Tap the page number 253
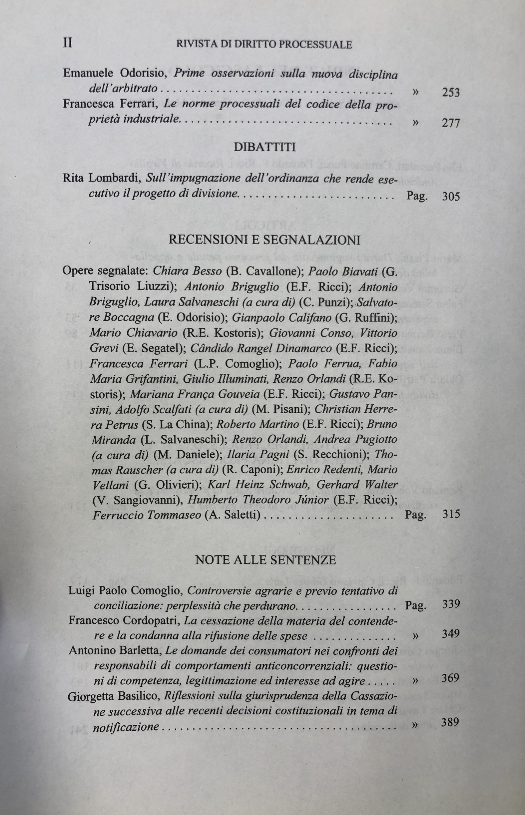(x=451, y=92)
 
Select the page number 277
(x=451, y=123)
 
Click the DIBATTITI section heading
(x=265, y=147)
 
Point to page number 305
(x=451, y=196)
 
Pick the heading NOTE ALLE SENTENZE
(x=266, y=560)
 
